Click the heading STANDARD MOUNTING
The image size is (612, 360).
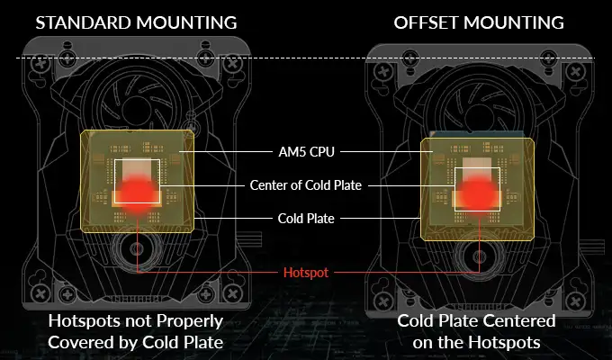136,22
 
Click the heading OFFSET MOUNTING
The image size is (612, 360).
479,22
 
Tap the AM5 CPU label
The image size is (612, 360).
306,151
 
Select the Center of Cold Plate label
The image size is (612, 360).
306,185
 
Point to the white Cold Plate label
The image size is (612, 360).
306,219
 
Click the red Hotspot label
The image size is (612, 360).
306,272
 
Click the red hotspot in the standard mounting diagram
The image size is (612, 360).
137,193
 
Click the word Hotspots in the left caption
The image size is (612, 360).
84,321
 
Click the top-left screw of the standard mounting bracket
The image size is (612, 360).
41,64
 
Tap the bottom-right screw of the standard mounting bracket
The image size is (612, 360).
232,292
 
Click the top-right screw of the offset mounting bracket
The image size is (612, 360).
575,72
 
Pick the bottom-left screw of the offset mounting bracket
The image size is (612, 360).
383,301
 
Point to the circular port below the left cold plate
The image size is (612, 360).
137,248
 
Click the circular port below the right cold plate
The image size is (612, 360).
480,256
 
